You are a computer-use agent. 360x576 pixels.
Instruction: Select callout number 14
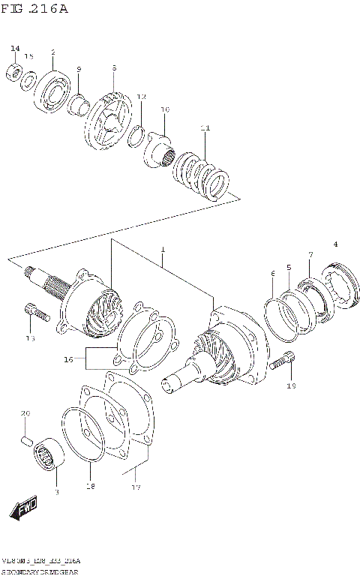click(x=14, y=49)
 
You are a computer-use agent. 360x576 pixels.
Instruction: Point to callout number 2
click(x=53, y=52)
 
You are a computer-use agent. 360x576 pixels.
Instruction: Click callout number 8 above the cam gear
click(x=113, y=68)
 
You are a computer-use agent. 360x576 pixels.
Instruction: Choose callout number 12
click(x=141, y=97)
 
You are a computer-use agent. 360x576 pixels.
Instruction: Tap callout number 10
click(x=165, y=109)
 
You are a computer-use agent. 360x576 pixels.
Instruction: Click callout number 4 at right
click(x=335, y=244)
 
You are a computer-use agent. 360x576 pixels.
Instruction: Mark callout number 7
click(x=309, y=256)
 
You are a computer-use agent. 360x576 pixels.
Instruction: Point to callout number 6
click(x=273, y=275)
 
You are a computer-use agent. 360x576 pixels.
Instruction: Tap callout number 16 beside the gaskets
click(x=68, y=360)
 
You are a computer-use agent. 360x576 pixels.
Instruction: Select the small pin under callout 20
click(x=25, y=437)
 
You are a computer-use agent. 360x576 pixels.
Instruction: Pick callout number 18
click(x=91, y=487)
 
